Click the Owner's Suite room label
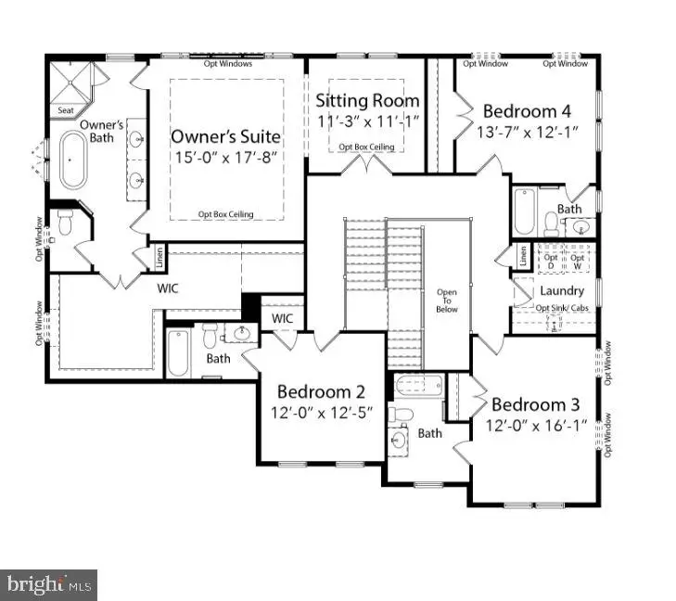coord(225,136)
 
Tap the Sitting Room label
coord(367,100)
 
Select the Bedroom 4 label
coord(527,112)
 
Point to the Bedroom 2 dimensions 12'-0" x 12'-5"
coord(321,413)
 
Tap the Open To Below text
coord(447,302)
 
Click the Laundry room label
coord(562,290)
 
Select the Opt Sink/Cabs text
coord(562,307)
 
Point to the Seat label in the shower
coord(66,110)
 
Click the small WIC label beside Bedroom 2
coord(282,319)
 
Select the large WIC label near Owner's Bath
coord(168,288)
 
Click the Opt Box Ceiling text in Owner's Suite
coord(225,215)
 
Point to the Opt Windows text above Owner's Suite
coord(225,63)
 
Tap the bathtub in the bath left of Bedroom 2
coord(178,353)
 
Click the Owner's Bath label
coord(102,132)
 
